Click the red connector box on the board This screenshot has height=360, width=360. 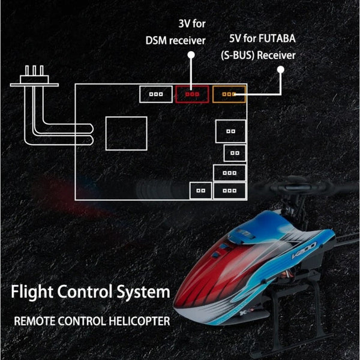(x=192, y=94)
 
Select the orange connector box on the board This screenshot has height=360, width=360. (x=229, y=94)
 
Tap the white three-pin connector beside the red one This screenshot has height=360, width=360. (x=156, y=94)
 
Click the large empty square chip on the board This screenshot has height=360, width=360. (x=126, y=133)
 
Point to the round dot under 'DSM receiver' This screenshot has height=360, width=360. (x=191, y=55)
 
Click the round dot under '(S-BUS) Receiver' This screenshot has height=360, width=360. (x=281, y=70)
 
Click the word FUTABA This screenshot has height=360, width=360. (x=277, y=38)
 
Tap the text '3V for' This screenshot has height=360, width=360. (x=192, y=23)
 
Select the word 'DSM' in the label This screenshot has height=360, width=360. (x=156, y=41)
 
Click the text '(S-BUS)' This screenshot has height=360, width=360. (x=238, y=55)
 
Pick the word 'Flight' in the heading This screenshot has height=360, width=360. (x=32, y=292)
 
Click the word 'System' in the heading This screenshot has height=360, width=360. (x=143, y=292)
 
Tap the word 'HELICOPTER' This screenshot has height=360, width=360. (x=139, y=321)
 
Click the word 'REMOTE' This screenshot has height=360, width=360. (x=35, y=321)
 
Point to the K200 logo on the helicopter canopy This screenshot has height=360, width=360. (x=304, y=250)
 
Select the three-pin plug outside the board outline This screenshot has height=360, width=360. (x=34, y=77)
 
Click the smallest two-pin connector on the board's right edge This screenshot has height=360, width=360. (x=235, y=153)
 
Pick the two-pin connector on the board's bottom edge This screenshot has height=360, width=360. (x=200, y=191)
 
